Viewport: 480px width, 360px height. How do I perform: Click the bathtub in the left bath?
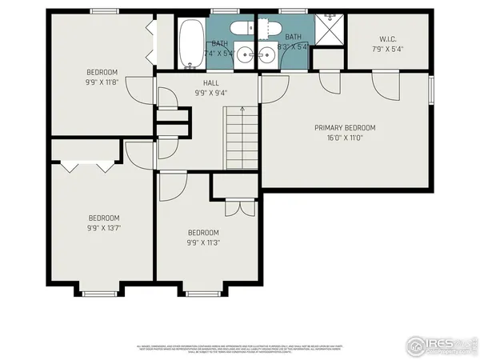(191, 43)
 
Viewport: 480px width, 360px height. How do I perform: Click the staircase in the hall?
(240, 140)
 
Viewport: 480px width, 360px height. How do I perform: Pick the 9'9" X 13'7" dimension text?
(103, 227)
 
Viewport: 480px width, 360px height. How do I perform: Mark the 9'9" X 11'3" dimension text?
(203, 242)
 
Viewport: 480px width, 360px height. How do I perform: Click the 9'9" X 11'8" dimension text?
(102, 82)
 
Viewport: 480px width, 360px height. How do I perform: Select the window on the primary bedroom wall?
(432, 90)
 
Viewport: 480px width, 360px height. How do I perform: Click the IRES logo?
(439, 345)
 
